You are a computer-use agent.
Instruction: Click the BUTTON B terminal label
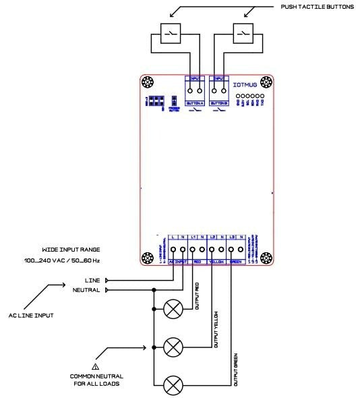tap(219, 103)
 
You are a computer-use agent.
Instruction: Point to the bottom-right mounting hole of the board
tap(265, 259)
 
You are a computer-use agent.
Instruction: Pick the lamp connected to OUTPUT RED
tap(173, 309)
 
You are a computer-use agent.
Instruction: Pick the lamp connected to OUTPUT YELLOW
tap(173, 347)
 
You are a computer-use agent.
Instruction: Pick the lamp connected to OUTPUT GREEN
tap(173, 386)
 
